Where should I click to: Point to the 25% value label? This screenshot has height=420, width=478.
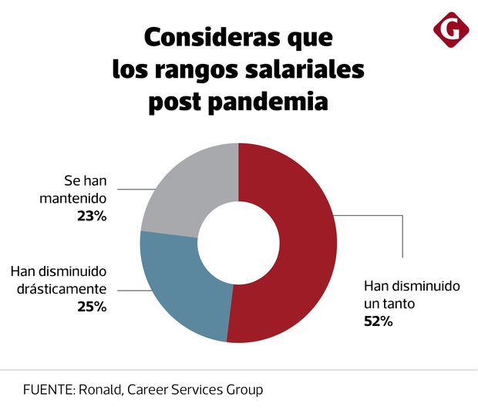[90, 307]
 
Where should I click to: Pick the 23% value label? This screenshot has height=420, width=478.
[90, 217]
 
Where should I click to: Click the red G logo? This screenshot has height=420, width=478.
[451, 31]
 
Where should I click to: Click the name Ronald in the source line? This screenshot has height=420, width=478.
[97, 390]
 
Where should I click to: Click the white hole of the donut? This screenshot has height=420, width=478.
[238, 243]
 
